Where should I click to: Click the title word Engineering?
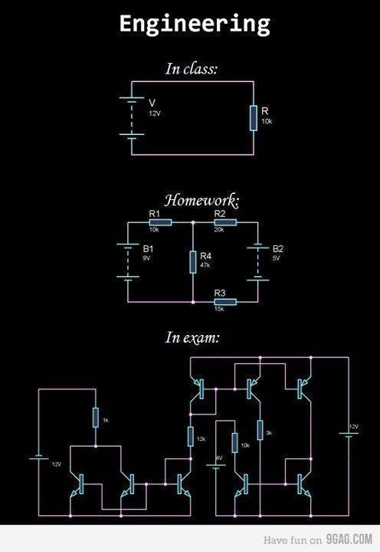click(x=194, y=24)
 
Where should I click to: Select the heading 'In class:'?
click(x=192, y=68)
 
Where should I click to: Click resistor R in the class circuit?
click(x=254, y=118)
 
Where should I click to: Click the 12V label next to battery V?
click(x=155, y=113)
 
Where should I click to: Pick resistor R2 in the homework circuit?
click(x=225, y=222)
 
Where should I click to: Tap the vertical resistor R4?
click(x=193, y=261)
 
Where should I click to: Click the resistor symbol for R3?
click(x=225, y=302)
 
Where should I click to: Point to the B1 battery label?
click(x=149, y=249)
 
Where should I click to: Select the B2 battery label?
click(x=278, y=249)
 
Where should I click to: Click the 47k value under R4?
click(x=205, y=265)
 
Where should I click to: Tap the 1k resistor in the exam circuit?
click(x=96, y=418)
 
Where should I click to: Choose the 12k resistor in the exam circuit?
click(x=190, y=436)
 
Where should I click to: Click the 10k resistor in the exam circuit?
click(x=235, y=445)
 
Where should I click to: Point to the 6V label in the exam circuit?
click(x=218, y=457)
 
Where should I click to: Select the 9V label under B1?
click(x=146, y=259)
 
